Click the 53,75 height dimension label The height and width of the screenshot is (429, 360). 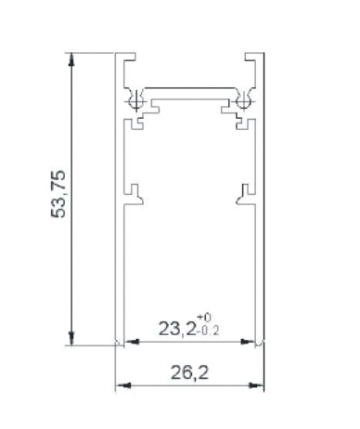(x=58, y=194)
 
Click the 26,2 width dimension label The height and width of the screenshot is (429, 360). (x=189, y=372)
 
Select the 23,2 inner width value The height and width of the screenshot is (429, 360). (x=177, y=329)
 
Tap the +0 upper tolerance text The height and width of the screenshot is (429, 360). (x=204, y=317)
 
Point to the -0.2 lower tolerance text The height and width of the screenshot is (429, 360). (x=208, y=331)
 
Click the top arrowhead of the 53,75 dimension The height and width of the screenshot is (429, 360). (x=71, y=58)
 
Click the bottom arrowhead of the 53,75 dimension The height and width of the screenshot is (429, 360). (x=71, y=339)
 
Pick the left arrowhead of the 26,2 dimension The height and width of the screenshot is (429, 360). (x=122, y=385)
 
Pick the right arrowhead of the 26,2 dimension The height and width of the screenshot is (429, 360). (x=257, y=385)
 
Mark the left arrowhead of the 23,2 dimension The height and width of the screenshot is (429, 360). (x=133, y=342)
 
